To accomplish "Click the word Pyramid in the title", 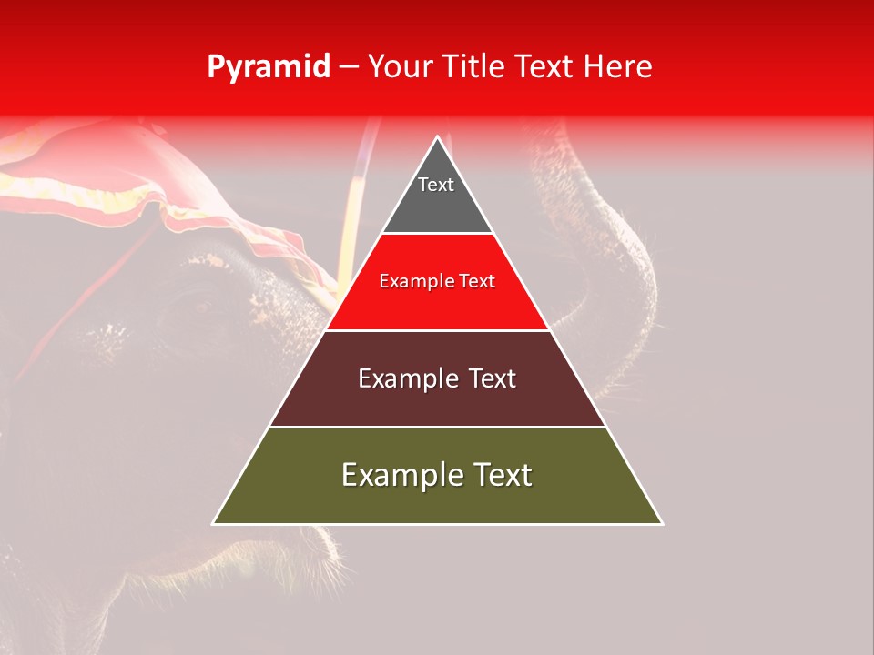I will pos(268,67).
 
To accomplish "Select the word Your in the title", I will pos(400,67).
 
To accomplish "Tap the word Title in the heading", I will pos(474,67).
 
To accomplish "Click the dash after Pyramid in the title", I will pos(348,67).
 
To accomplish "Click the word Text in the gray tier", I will pos(436,185).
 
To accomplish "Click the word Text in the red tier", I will pos(478,282).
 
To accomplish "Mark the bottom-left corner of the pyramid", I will pos(213,524).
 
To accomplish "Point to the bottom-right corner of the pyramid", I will pos(662,524).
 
